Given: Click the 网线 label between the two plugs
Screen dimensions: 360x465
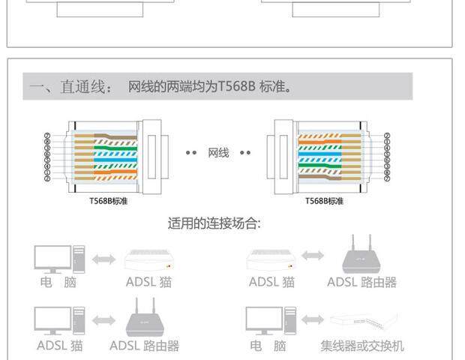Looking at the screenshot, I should click(x=218, y=154).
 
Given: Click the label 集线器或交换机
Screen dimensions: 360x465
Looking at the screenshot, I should click(x=362, y=346).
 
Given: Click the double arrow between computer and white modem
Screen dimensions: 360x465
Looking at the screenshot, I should click(x=104, y=259).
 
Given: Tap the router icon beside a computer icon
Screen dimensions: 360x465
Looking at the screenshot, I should click(x=145, y=317).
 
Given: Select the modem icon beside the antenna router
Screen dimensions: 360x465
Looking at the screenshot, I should click(x=271, y=259).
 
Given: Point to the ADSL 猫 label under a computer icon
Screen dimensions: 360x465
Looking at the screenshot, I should click(x=60, y=346).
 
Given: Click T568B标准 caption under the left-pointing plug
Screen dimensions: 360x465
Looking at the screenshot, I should click(x=107, y=201).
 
